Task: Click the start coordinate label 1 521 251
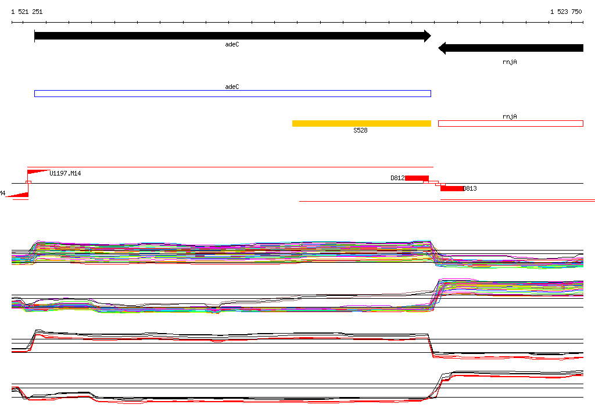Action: click(x=27, y=12)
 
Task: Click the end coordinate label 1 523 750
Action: click(x=566, y=12)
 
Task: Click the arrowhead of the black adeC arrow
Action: click(x=428, y=36)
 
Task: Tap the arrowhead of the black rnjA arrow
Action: click(x=442, y=48)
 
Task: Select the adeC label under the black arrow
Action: click(x=232, y=44)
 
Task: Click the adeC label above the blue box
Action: click(x=232, y=87)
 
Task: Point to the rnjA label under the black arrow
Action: click(x=510, y=62)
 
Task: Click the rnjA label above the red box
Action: click(x=510, y=117)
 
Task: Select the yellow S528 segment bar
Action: click(x=361, y=123)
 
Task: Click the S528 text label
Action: click(x=360, y=130)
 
